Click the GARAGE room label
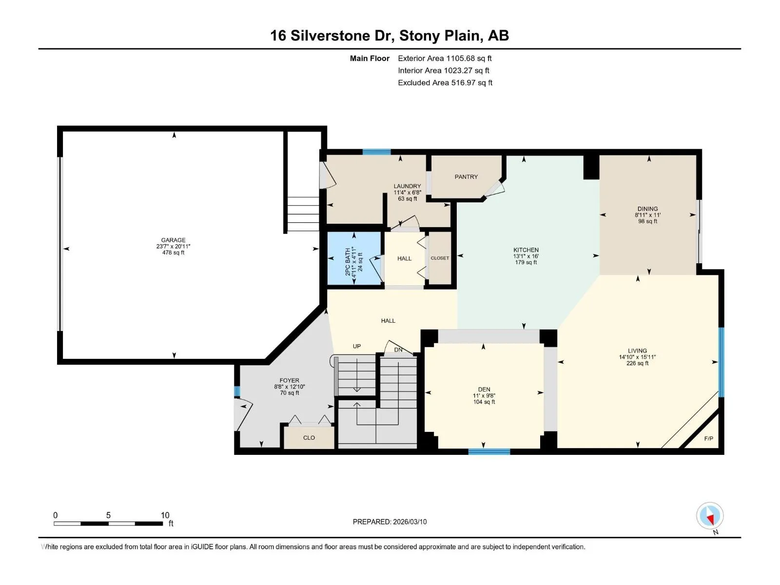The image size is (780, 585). click(174, 240)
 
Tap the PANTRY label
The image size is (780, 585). click(466, 177)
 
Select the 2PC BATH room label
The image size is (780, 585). click(348, 261)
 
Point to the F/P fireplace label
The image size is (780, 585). click(708, 439)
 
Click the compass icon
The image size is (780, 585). click(710, 516)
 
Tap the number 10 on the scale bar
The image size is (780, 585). click(165, 515)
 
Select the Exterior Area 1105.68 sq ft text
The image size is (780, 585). click(445, 58)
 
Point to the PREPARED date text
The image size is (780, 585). click(390, 522)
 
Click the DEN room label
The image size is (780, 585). click(484, 390)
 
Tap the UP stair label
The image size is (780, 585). click(357, 346)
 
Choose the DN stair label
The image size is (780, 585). click(398, 350)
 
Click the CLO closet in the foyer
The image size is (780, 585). click(309, 438)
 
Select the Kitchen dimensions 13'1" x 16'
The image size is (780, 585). click(526, 256)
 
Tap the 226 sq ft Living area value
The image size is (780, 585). click(637, 363)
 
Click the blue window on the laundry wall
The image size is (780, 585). click(377, 152)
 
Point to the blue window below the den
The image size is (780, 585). click(489, 452)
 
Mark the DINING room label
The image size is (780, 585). click(647, 209)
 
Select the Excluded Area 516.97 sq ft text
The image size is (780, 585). click(445, 83)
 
